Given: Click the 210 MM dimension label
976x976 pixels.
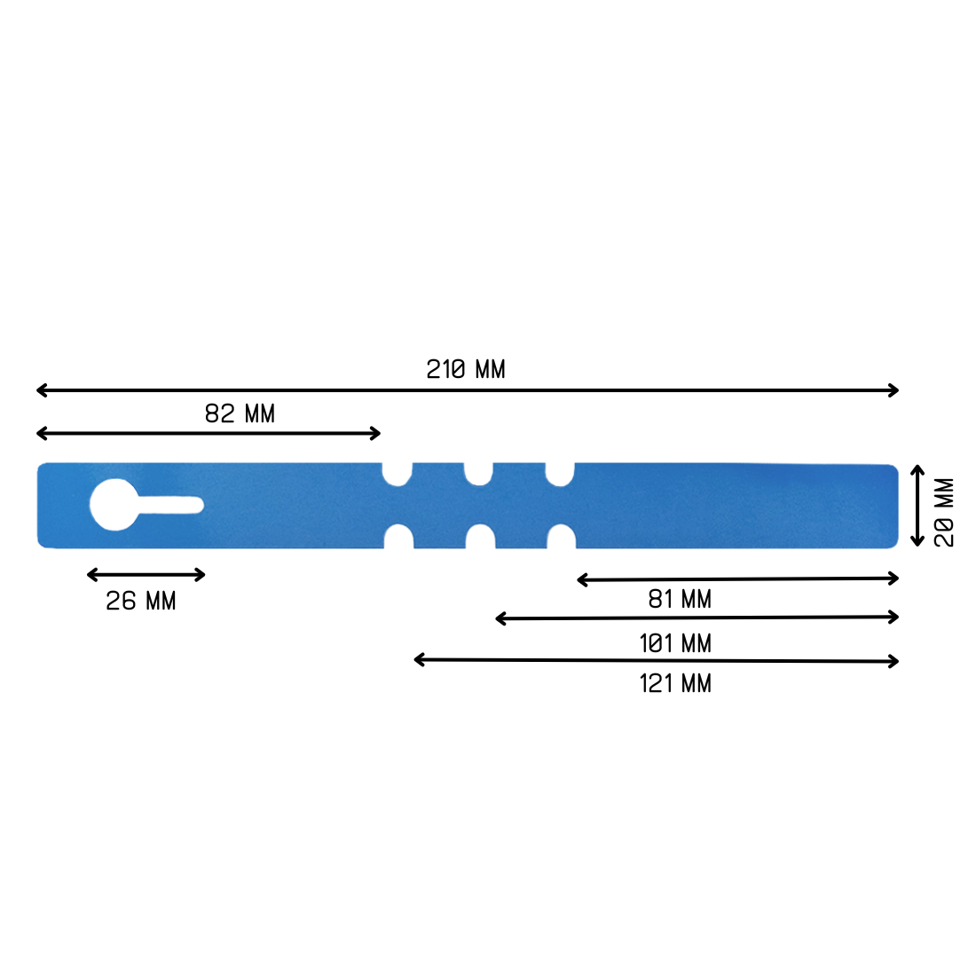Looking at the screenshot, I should tap(466, 369).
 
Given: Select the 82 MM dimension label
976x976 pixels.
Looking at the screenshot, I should tap(240, 413).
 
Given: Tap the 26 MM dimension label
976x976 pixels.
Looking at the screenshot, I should tap(141, 601).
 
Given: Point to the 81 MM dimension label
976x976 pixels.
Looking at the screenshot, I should tap(680, 600).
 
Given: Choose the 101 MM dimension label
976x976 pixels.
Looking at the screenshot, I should tap(675, 642).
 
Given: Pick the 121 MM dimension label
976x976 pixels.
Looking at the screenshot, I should tap(675, 683).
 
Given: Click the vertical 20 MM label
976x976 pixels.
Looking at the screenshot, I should tap(944, 513).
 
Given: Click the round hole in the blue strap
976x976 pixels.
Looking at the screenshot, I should tap(114, 505).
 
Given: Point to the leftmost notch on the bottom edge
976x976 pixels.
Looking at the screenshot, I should tap(398, 537).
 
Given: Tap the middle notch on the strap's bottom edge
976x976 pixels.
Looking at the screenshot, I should tap(480, 537).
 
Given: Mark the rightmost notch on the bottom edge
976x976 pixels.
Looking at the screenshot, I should tap(562, 537).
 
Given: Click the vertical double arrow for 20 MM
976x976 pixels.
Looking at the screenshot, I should tap(917, 505).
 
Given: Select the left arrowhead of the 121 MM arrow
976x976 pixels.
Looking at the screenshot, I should tap(419, 659).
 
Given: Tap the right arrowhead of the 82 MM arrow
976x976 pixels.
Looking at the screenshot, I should tap(375, 433).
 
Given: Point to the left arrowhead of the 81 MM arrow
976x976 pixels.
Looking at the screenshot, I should tap(582, 579).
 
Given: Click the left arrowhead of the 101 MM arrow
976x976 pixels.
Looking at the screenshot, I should tap(500, 618).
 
